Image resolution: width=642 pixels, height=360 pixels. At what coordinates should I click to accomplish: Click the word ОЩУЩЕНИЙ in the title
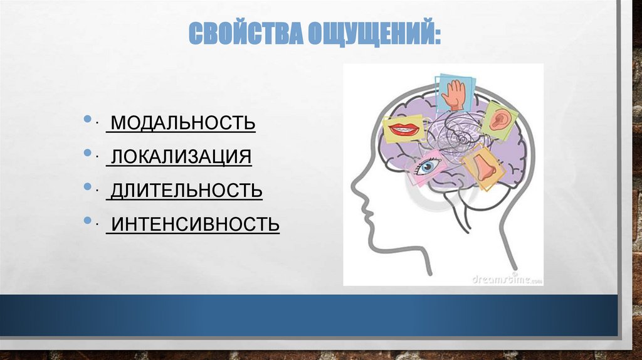coord(369,33)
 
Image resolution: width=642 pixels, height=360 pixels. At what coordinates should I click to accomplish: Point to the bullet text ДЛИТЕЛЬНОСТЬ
coord(184,189)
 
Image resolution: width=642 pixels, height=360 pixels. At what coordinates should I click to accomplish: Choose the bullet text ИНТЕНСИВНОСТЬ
coord(193,223)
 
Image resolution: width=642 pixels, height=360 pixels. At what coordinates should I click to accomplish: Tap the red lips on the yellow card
coord(403,130)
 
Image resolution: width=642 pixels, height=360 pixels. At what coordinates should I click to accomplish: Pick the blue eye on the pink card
coord(429,166)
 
